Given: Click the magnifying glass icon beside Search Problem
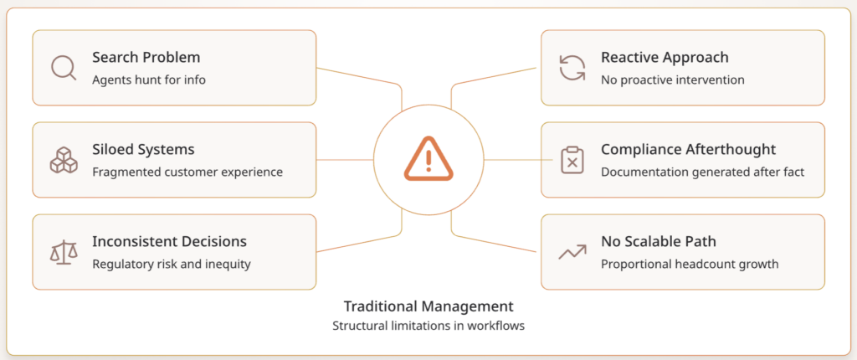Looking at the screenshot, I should (63, 68).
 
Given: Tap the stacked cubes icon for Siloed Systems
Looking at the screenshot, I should (63, 160).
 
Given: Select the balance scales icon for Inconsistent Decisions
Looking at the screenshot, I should (63, 252).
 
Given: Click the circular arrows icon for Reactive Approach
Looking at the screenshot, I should (572, 68).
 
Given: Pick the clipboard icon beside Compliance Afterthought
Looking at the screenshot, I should (572, 160).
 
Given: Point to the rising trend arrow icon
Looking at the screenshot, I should (572, 252).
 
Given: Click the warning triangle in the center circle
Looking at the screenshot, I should (428, 159).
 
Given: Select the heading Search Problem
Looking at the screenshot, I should (146, 58).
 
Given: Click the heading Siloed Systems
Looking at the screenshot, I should (143, 150).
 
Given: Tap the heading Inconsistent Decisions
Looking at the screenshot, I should (169, 242).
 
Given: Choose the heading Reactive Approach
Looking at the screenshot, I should (665, 58).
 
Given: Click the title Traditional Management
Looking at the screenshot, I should (428, 306).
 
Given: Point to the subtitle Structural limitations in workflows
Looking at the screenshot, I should (428, 326).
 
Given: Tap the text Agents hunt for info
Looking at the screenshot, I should (148, 80).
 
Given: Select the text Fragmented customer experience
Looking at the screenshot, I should (187, 172).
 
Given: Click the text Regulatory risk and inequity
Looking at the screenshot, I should (171, 265).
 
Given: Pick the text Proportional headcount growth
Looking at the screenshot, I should (690, 265).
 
